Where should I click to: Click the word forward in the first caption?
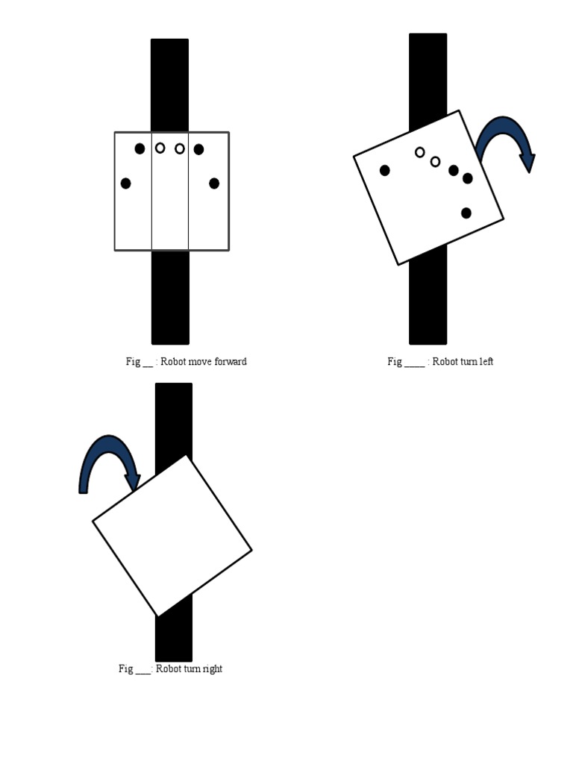(x=230, y=362)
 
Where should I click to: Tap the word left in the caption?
(x=486, y=362)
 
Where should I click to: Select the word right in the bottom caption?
(x=212, y=668)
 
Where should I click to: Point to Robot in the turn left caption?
(x=445, y=362)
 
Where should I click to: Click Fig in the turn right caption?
(x=125, y=668)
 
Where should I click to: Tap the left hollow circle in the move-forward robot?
(x=160, y=148)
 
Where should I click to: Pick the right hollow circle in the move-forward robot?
(x=180, y=148)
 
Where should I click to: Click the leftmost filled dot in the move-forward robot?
(x=125, y=184)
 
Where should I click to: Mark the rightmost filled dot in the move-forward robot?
(x=214, y=184)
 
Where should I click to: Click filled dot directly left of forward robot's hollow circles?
(x=140, y=148)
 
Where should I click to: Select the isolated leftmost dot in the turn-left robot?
(x=385, y=170)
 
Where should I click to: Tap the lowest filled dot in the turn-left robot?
(x=466, y=213)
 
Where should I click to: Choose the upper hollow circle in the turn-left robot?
(x=420, y=152)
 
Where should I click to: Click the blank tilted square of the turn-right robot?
(x=172, y=536)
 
